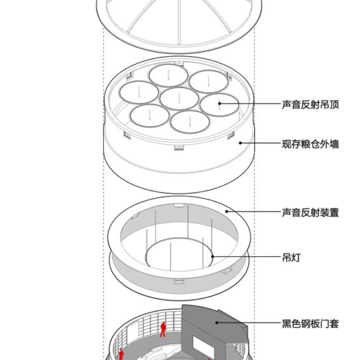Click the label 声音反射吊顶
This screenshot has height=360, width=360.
[x=310, y=104]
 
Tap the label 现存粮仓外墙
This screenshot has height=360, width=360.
[x=310, y=144]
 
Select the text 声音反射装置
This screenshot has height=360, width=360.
[x=310, y=212]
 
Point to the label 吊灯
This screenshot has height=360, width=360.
[x=291, y=258]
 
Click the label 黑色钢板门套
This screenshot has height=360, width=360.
[x=310, y=324]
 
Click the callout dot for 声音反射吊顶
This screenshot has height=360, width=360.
[x=220, y=104]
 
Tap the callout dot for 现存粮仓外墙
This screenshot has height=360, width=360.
[x=240, y=143]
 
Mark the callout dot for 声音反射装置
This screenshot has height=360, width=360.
[x=227, y=211]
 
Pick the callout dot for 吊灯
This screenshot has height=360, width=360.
[x=212, y=256]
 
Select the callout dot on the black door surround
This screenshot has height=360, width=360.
[x=217, y=323]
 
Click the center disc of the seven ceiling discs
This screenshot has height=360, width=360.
[x=179, y=99]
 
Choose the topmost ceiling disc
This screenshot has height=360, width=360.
[x=168, y=76]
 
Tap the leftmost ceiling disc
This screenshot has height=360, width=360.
[x=139, y=92]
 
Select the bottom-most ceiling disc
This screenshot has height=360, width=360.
[x=190, y=122]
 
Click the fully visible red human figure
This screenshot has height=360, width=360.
[x=163, y=330]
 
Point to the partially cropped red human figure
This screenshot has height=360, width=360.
[x=121, y=354]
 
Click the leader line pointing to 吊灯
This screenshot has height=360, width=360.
[x=247, y=256]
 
